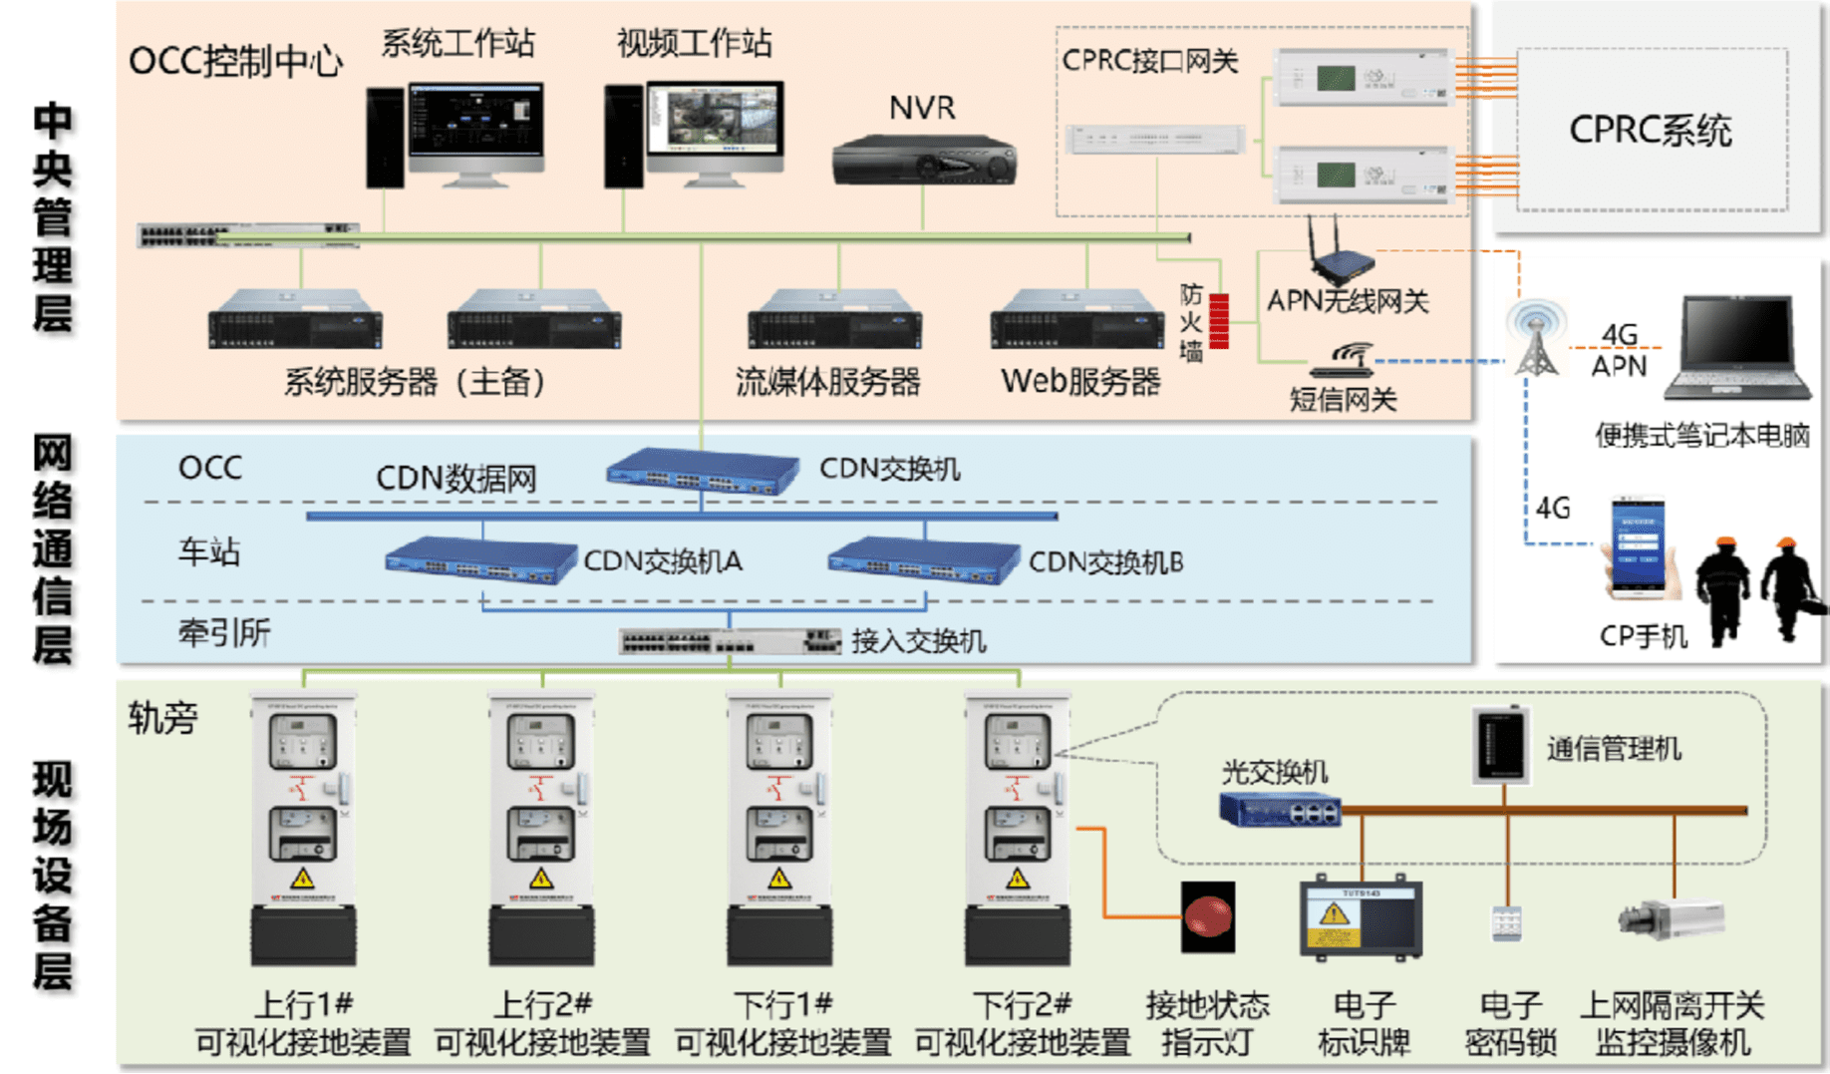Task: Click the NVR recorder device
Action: (924, 161)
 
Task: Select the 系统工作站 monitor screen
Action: (475, 120)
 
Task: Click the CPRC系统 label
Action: (1651, 131)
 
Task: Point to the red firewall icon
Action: (1219, 321)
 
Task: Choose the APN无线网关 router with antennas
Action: (1341, 254)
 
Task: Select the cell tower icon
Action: (1536, 340)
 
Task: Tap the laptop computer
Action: (1742, 346)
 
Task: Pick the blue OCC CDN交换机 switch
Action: (702, 471)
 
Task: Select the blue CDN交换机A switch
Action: (480, 560)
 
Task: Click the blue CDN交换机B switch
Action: (923, 560)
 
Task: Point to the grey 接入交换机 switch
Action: (730, 641)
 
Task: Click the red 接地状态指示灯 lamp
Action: (1208, 916)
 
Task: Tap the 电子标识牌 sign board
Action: (1362, 919)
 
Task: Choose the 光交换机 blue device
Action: (1280, 809)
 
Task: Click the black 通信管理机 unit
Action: (1501, 745)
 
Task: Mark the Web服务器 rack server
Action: (1076, 320)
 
